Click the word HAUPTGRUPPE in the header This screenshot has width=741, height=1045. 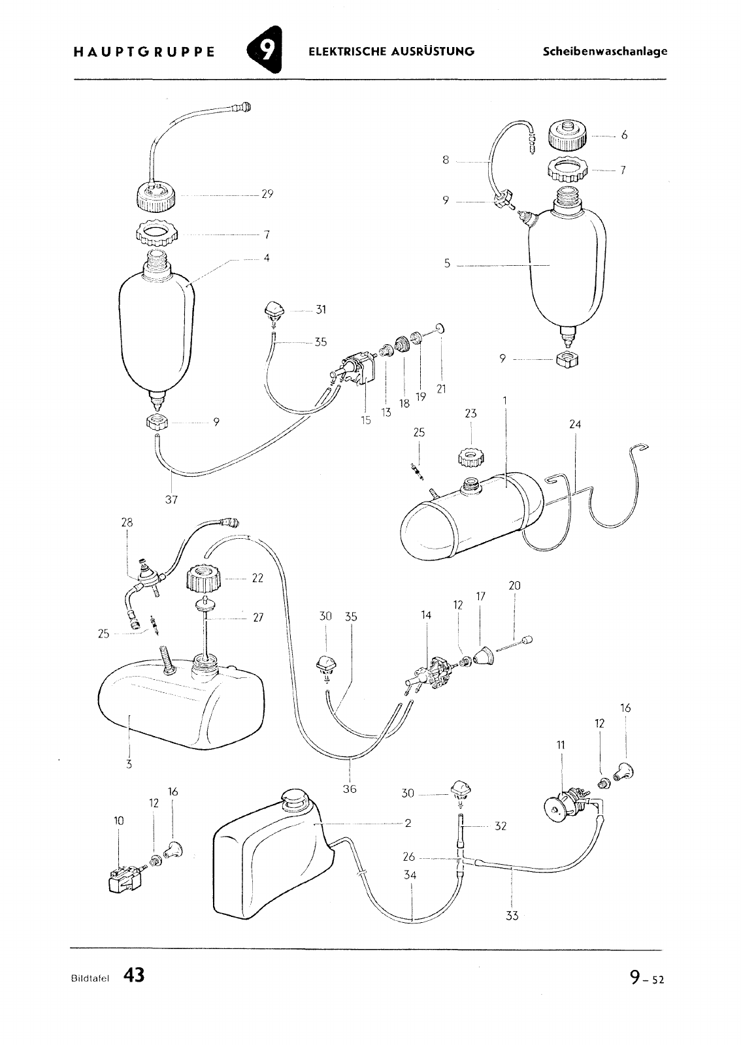(144, 52)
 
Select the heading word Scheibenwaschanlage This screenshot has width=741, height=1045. (604, 52)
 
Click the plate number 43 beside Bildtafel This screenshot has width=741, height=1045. (135, 974)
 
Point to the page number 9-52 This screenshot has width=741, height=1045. (646, 976)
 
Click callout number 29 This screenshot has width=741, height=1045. (267, 193)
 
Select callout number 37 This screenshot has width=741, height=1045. (171, 499)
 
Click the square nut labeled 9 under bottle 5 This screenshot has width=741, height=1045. (568, 360)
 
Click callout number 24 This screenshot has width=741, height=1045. (575, 424)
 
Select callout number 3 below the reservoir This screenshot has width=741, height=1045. (129, 764)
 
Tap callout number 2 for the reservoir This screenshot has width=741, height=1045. (408, 823)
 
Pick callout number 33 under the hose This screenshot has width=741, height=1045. (512, 916)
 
